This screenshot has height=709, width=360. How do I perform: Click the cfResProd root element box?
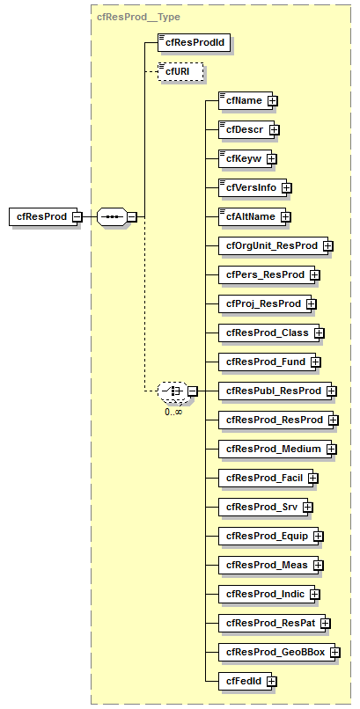pos(40,216)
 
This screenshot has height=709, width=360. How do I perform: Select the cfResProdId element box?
pos(195,42)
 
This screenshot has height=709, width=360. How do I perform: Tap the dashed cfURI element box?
pos(180,71)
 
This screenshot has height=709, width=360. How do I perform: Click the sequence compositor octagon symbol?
pos(110,216)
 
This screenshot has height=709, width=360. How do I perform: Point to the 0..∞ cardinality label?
pos(173,411)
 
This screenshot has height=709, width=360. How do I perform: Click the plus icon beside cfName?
pos(273,100)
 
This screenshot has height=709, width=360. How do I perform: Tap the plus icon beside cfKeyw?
pos(271,158)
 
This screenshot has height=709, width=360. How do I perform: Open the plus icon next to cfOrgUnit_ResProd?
pos(327,245)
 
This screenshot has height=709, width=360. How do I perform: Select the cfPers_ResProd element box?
pos(263,274)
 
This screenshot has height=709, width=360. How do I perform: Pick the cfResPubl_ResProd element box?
pos(276,391)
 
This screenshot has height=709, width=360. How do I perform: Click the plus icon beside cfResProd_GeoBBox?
pos(334,652)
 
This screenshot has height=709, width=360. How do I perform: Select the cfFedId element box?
pos(243,681)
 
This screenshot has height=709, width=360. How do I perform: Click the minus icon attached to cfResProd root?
pos(77,216)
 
